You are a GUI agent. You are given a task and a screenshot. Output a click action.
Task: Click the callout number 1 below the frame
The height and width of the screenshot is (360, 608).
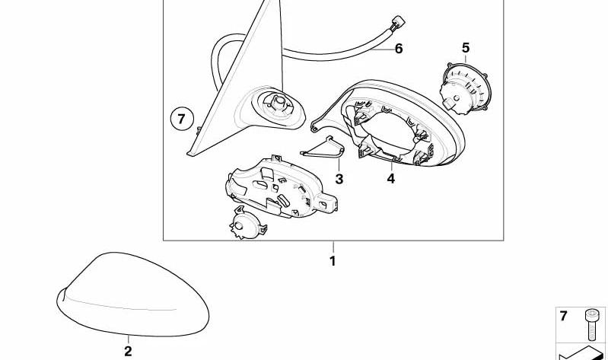pyautogui.click(x=333, y=261)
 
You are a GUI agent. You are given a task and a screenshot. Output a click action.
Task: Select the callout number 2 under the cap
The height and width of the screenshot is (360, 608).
pyautogui.click(x=128, y=351)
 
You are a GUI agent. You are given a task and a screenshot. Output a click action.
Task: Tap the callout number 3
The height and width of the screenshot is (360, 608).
pyautogui.click(x=339, y=179)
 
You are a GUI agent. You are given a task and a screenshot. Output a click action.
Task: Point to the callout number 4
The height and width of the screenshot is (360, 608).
pyautogui.click(x=391, y=178)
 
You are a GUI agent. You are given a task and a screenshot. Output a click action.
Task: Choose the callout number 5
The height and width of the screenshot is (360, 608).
pyautogui.click(x=466, y=48)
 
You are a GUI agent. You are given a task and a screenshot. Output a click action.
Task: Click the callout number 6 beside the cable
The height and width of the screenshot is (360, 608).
pyautogui.click(x=399, y=49)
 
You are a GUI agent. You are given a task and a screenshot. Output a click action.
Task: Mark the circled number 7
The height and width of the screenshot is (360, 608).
pyautogui.click(x=182, y=119)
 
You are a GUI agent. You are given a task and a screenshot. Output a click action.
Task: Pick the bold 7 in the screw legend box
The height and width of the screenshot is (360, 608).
pyautogui.click(x=563, y=316)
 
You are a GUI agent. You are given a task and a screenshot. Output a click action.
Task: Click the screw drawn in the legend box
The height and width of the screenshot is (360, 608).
pyautogui.click(x=591, y=324)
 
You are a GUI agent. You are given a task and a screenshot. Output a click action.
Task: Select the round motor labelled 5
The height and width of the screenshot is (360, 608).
pyautogui.click(x=464, y=89)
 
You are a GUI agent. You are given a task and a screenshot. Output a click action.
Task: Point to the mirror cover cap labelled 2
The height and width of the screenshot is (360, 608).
pyautogui.click(x=132, y=295)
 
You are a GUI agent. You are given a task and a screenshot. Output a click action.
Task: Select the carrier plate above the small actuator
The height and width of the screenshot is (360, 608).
pyautogui.click(x=281, y=188)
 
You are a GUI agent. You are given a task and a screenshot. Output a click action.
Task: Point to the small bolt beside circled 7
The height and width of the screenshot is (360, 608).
pyautogui.click(x=198, y=129)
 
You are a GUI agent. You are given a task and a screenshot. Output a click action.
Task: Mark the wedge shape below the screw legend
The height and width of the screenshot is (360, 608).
pyautogui.click(x=581, y=353)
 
